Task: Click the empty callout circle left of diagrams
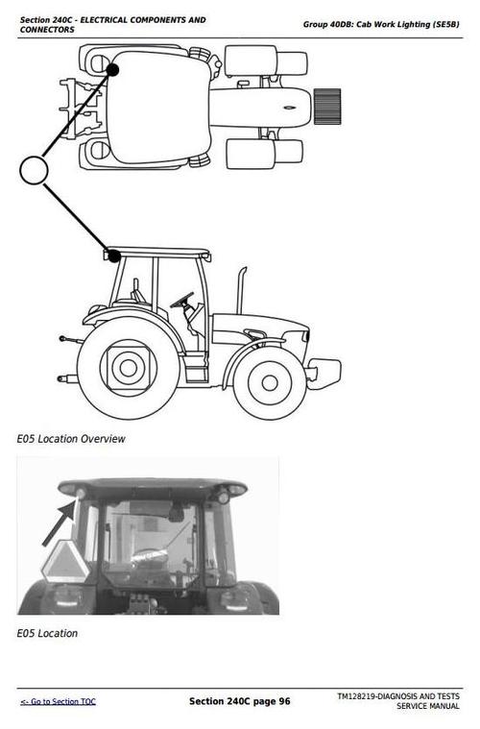coord(34,171)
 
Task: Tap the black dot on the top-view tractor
coord(113,69)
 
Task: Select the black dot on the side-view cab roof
coord(114,255)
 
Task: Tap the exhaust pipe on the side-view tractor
coord(242,288)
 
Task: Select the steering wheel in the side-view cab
coord(180,301)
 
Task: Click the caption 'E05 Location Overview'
coord(71,439)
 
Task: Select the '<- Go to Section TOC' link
coord(58,702)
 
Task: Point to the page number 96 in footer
coord(284,701)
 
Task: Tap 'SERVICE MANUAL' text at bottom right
coord(428,707)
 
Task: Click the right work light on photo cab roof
coord(223,496)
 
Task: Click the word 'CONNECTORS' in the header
coord(47,30)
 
